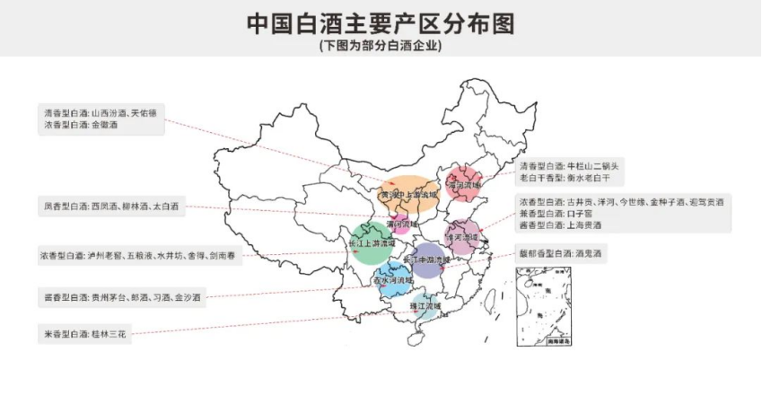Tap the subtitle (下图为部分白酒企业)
point(381,45)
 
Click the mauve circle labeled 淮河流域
point(466,236)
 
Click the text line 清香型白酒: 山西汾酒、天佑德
point(101,114)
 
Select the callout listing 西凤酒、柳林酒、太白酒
point(110,207)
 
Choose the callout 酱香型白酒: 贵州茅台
point(121,295)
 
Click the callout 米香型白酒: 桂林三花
point(87,334)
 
